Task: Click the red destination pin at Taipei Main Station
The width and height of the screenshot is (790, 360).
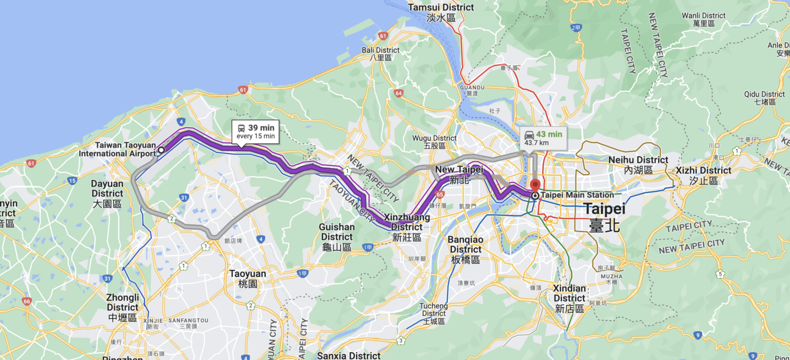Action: [535, 185]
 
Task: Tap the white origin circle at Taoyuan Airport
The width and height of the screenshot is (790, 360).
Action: [161, 150]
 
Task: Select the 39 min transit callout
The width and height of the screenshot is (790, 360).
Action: [256, 132]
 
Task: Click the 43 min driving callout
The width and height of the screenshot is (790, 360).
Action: [543, 138]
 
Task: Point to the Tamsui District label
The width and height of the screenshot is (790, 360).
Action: [441, 12]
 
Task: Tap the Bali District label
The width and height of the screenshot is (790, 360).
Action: [381, 53]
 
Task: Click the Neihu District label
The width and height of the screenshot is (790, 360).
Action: [638, 165]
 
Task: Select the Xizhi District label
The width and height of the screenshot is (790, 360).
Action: [703, 175]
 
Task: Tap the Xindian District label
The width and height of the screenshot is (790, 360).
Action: [569, 298]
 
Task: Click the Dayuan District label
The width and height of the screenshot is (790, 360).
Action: [107, 194]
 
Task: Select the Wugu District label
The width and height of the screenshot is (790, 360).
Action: [434, 142]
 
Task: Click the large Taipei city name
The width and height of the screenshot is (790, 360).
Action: [604, 216]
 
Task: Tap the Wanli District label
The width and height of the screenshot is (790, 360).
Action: [704, 20]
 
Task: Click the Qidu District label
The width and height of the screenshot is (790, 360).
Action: [764, 98]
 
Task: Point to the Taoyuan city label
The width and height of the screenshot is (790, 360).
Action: [247, 278]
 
